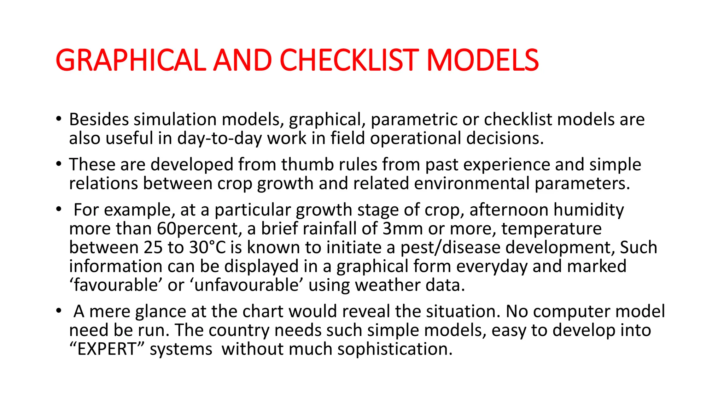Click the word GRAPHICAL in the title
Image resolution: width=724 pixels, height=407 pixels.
[130, 60]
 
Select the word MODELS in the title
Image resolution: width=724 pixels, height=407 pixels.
[483, 60]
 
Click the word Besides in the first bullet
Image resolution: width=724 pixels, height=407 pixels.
[99, 119]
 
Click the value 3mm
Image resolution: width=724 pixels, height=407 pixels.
[403, 229]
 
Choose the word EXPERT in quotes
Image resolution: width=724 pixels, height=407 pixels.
[106, 349]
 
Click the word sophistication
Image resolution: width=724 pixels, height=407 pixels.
[395, 349]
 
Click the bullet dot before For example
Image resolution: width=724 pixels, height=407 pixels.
[59, 210]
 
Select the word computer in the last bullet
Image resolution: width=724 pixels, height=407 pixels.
[571, 312]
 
